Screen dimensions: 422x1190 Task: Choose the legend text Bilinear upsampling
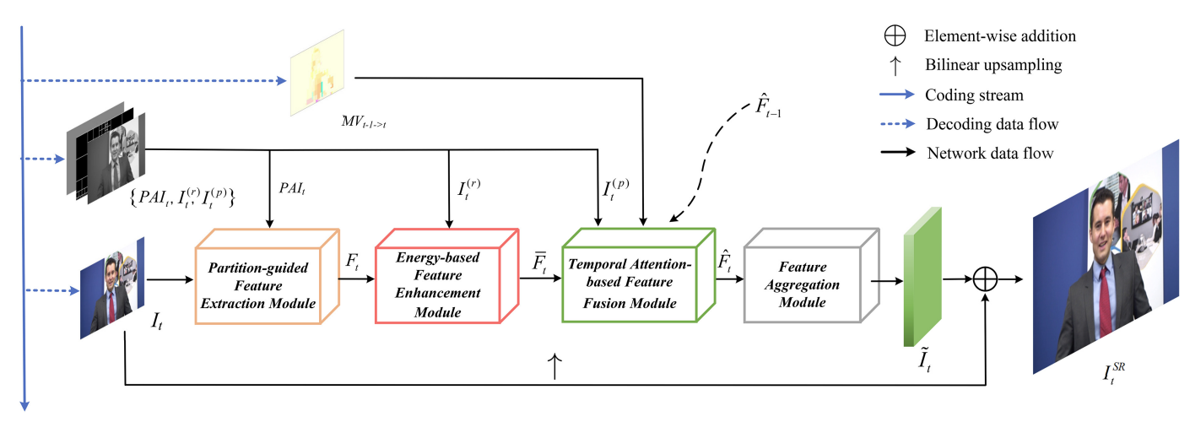993,65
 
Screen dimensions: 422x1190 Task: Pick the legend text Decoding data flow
991,124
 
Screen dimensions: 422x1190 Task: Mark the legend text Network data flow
990,153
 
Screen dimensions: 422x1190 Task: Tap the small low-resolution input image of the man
112,288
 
